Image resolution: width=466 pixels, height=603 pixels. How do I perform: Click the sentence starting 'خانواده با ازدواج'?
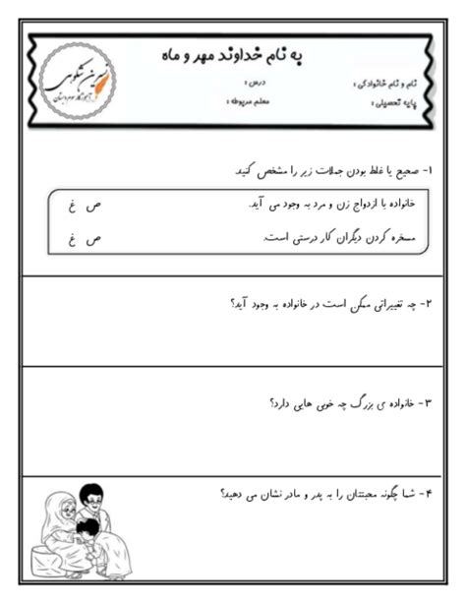(323, 205)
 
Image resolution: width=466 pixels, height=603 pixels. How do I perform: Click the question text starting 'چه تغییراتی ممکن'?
(334, 305)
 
